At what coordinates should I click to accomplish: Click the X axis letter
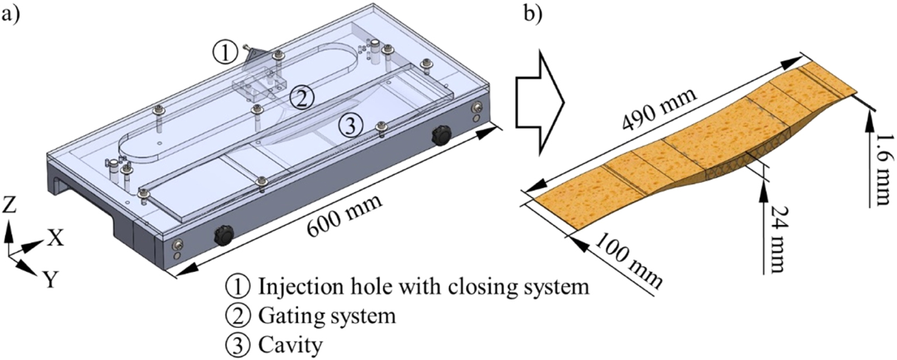pyautogui.click(x=55, y=238)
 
